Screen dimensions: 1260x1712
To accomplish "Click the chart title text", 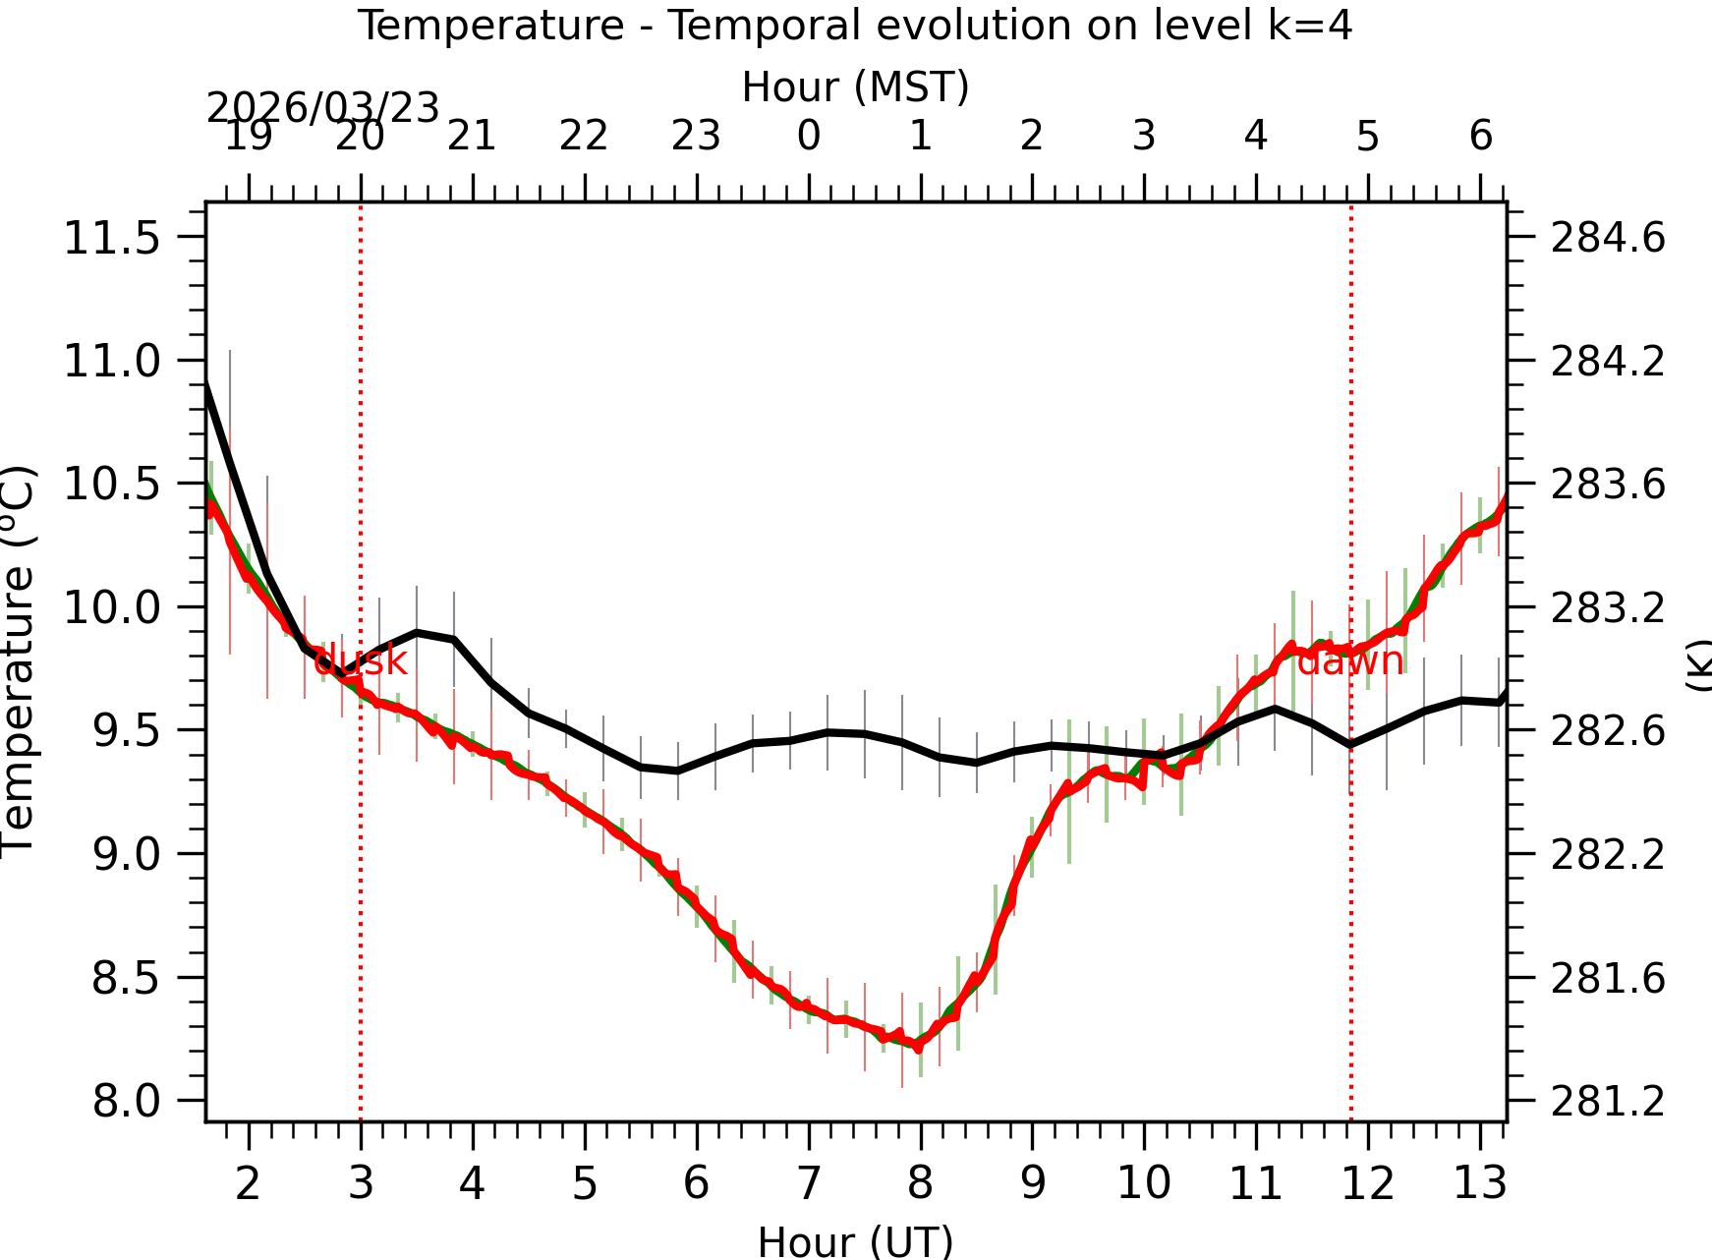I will click(x=855, y=26).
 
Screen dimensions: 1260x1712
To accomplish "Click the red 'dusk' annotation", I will click(x=360, y=661).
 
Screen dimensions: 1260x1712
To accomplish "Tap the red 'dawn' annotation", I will click(x=1350, y=661).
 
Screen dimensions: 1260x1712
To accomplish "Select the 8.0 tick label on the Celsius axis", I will click(x=126, y=1101).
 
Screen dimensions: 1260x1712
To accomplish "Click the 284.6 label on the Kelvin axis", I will click(x=1608, y=238).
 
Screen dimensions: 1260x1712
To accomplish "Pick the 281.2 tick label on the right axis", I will click(x=1608, y=1102).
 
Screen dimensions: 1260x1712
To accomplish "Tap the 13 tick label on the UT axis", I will click(x=1479, y=1182).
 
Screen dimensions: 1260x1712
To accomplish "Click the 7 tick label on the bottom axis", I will click(x=808, y=1182).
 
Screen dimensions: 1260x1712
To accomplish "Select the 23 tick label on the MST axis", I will click(x=696, y=136).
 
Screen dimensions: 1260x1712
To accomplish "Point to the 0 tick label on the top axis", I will click(x=808, y=136).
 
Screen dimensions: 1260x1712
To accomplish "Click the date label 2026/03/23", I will click(x=322, y=108).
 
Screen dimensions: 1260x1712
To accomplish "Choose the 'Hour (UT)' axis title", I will click(x=855, y=1241).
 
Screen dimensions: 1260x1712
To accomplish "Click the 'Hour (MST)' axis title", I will click(x=855, y=86).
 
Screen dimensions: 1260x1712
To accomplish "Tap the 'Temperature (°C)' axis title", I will click(x=20, y=661).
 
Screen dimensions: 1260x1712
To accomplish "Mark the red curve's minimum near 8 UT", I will click(x=918, y=1046).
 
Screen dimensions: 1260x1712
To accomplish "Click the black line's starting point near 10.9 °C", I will click(x=207, y=382).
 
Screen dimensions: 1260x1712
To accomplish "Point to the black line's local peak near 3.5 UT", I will click(x=417, y=632).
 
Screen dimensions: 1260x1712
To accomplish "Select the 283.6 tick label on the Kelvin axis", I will click(x=1608, y=485).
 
